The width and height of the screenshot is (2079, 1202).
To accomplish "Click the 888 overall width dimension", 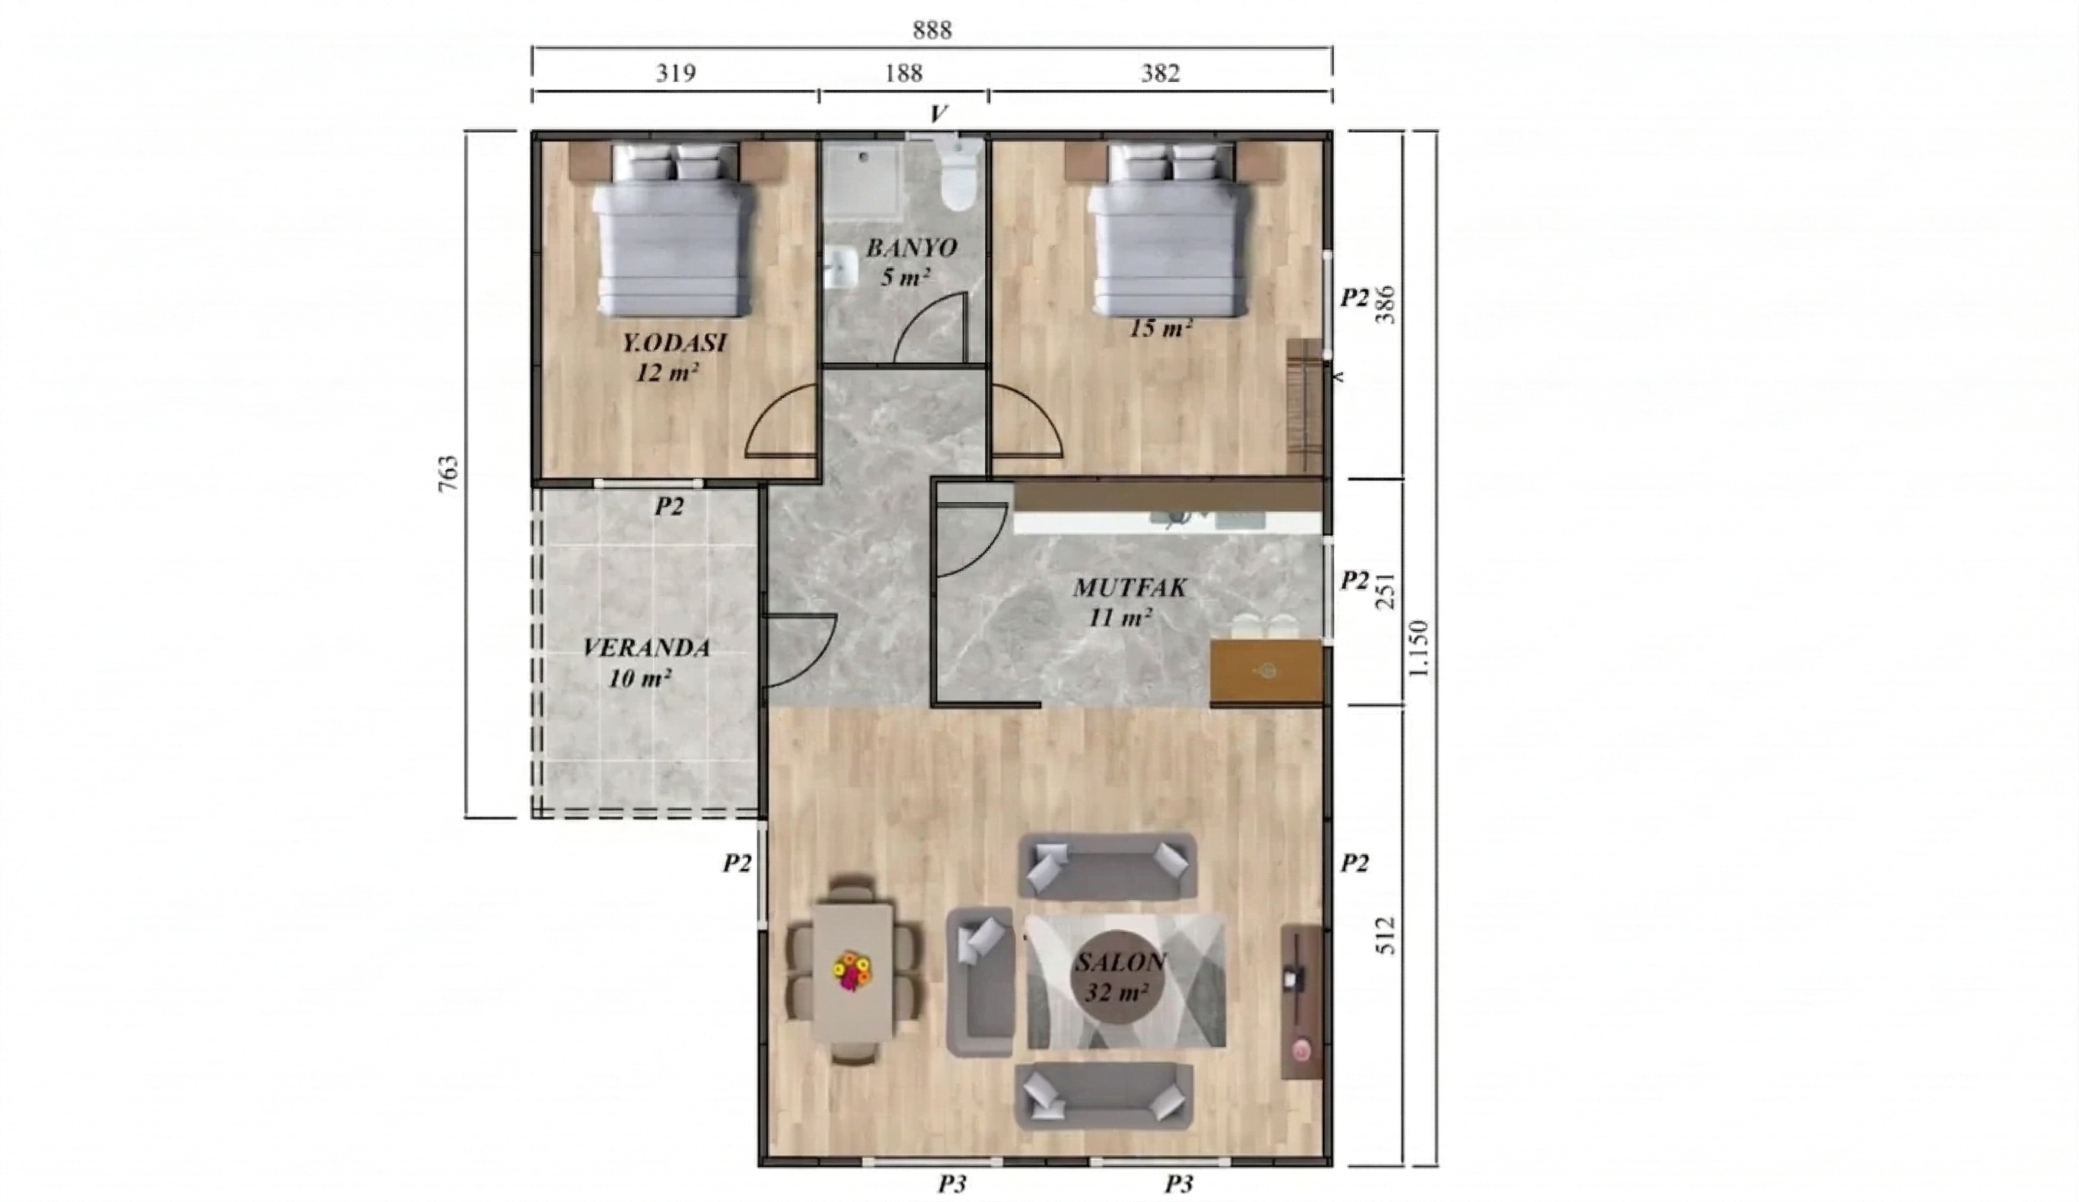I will [931, 31].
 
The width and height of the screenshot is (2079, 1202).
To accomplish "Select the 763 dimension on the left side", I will [447, 474].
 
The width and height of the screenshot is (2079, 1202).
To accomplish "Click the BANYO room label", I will [911, 248].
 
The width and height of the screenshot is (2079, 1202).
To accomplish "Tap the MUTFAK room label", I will [1129, 587].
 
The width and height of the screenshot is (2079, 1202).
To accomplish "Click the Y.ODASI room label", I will [674, 343].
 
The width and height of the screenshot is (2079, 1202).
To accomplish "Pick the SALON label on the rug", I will [1120, 962].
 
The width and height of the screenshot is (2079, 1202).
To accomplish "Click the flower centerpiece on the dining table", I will [852, 970].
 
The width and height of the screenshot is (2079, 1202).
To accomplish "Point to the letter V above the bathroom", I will [938, 114].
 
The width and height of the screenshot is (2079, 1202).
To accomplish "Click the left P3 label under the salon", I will [951, 1184].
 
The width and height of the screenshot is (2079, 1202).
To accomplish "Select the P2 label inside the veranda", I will [669, 506].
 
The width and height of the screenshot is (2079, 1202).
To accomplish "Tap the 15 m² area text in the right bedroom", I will [1160, 328].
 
